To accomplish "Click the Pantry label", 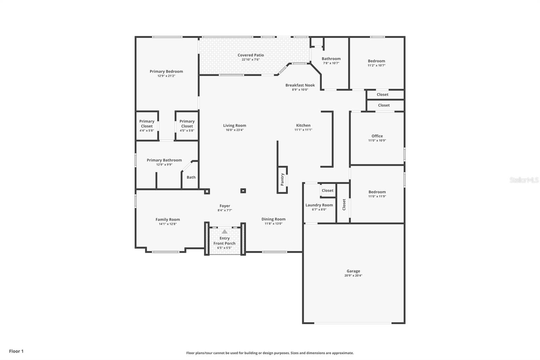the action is (282, 180).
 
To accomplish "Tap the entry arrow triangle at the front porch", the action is (225, 232).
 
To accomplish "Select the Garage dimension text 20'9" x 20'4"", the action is (353, 276).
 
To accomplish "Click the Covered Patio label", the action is (251, 55).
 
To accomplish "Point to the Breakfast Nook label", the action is (300, 85).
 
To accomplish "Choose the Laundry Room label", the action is (319, 205).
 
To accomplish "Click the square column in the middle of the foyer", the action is (243, 191).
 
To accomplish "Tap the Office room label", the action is (377, 136).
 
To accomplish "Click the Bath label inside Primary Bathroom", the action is (191, 177).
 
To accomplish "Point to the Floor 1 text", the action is (17, 351).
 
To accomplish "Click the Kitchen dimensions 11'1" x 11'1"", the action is (303, 130).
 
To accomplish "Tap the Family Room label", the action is (167, 220).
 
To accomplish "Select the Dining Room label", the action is (273, 219).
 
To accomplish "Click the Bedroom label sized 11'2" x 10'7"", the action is (376, 61).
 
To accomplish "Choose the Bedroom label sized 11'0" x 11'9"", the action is (377, 192).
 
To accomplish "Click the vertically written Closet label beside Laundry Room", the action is (344, 205).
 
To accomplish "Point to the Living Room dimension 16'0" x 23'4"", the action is (235, 130).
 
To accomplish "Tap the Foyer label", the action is (225, 206).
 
